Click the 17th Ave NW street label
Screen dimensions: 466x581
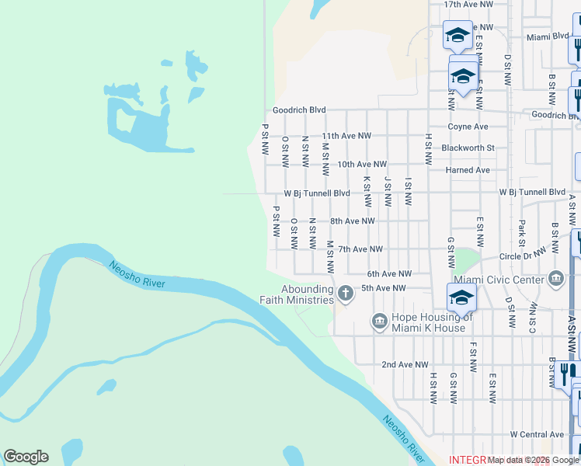coord(468,5)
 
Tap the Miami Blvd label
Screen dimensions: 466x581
coord(547,37)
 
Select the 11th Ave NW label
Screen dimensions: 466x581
coord(343,136)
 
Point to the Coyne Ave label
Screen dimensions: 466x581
coord(468,127)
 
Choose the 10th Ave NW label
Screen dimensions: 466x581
coord(362,165)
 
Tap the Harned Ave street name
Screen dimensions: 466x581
coord(468,170)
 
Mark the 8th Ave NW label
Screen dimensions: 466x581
coord(353,221)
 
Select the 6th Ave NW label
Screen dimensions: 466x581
coord(388,274)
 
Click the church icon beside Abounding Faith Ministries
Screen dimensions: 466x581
coord(346,294)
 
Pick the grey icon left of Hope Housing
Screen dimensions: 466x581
coord(379,321)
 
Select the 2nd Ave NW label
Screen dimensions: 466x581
coord(405,364)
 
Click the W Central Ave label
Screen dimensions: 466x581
coord(537,434)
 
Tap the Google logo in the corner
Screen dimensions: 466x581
coord(26,457)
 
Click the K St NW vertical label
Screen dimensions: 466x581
coord(366,191)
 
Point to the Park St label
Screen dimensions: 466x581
coord(521,232)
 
